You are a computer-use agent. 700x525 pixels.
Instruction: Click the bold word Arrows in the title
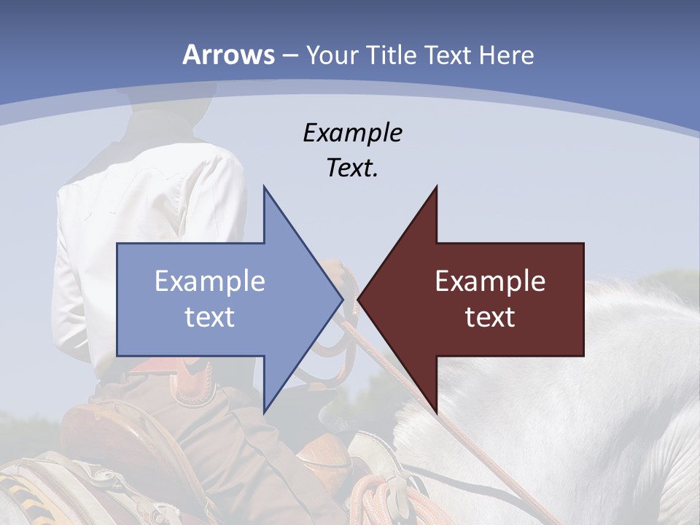(229, 55)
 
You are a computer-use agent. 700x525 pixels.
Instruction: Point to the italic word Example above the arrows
(352, 133)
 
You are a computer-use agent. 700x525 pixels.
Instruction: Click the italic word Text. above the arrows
(352, 168)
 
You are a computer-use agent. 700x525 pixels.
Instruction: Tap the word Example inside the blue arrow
(210, 281)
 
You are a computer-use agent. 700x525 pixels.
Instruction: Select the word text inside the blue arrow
(210, 317)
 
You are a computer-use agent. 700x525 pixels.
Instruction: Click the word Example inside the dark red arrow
(490, 281)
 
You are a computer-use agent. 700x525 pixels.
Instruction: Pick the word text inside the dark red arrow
(490, 317)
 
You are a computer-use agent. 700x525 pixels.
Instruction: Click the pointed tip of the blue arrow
(342, 299)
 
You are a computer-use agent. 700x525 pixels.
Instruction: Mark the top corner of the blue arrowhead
(264, 187)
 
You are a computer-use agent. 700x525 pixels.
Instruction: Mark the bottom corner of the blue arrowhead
(264, 413)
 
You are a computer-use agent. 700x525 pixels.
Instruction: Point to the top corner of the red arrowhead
(437, 187)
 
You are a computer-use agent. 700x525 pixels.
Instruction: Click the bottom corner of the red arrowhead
(437, 413)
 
